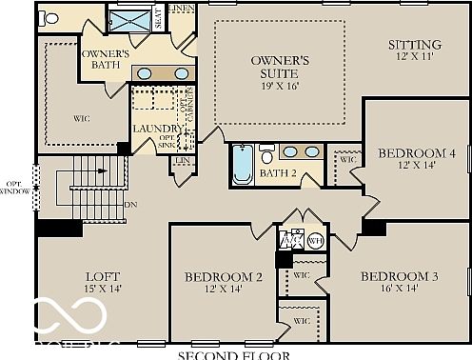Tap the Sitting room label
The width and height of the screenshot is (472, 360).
pos(415,45)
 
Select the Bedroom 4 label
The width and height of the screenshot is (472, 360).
pos(416,153)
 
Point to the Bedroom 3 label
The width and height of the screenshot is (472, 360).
pos(399,276)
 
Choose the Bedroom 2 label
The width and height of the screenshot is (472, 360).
pos(224,277)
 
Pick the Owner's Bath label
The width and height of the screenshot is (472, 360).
pos(105,60)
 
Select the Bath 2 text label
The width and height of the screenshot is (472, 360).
pos(280,173)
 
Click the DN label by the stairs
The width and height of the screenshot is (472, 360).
pos(130,205)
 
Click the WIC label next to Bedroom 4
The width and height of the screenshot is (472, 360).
pos(347,159)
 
